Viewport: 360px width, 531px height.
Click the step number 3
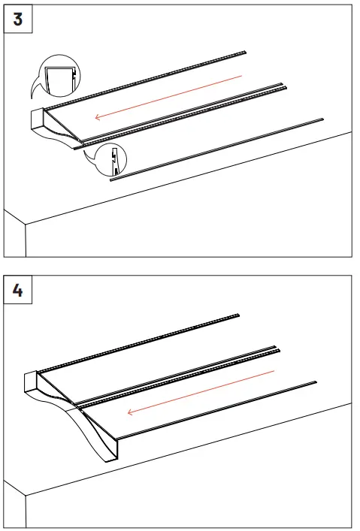[x=18, y=19]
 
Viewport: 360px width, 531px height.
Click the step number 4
[x=17, y=290]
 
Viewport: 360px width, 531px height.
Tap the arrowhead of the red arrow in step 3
[x=98, y=117]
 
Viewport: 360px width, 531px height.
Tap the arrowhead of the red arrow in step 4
[x=131, y=412]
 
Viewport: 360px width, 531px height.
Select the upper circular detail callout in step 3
[x=60, y=75]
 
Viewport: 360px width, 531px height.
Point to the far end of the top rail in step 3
[x=245, y=52]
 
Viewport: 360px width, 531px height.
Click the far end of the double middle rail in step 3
[x=284, y=86]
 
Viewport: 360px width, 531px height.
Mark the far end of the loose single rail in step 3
[x=322, y=119]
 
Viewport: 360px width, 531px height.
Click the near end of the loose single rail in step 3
[x=111, y=180]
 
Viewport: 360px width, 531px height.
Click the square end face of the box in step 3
[x=38, y=119]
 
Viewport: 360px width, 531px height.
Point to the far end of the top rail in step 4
[x=238, y=315]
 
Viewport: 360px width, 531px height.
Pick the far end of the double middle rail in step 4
[x=277, y=348]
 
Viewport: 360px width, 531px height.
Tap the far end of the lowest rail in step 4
[x=315, y=382]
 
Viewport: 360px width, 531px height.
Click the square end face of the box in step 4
[x=31, y=383]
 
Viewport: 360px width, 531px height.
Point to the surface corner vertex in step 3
[x=26, y=224]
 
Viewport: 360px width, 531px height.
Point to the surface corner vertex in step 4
[x=26, y=496]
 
